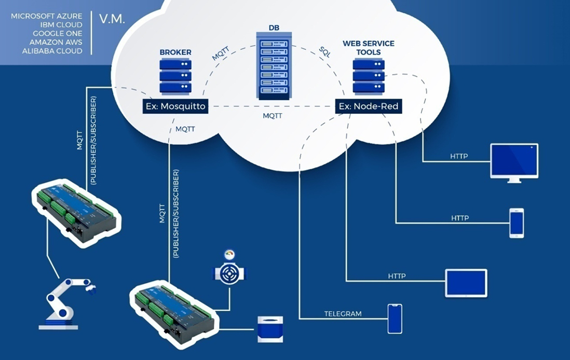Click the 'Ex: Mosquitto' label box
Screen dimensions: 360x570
click(x=175, y=107)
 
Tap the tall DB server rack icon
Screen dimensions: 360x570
click(x=272, y=66)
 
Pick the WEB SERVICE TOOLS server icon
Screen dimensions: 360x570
click(x=369, y=76)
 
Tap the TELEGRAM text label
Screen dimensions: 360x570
click(x=343, y=314)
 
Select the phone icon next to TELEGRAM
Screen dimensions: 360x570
click(x=395, y=319)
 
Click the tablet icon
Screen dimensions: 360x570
click(x=466, y=283)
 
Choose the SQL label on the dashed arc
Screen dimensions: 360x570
click(x=324, y=51)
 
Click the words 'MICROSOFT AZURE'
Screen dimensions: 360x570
click(x=46, y=17)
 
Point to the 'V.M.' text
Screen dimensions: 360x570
click(x=111, y=19)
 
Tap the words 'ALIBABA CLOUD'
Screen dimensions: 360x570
click(x=52, y=51)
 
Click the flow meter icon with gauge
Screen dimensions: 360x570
click(x=229, y=271)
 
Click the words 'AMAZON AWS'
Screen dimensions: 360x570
click(x=56, y=42)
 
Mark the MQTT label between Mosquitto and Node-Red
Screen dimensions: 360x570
click(x=272, y=116)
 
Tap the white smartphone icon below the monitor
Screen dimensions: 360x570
click(x=516, y=223)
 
